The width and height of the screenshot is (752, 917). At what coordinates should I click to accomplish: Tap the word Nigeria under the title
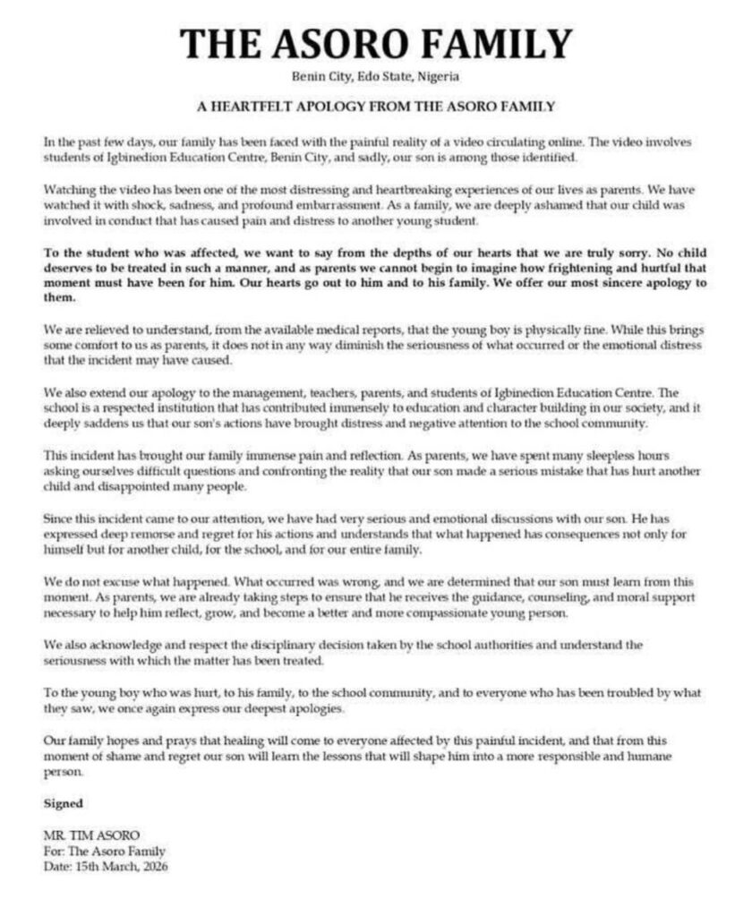[x=439, y=76]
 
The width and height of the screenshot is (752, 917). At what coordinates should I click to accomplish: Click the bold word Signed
[x=63, y=803]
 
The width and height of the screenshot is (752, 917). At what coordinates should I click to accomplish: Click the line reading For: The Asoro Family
[x=104, y=852]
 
